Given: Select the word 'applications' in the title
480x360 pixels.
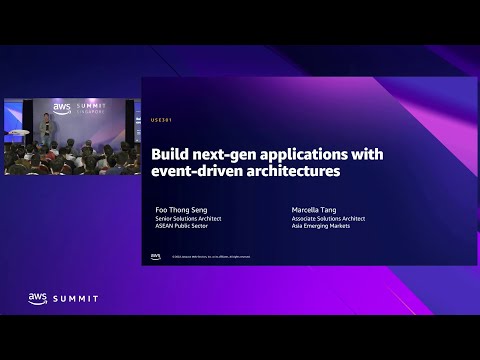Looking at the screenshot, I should (300, 155).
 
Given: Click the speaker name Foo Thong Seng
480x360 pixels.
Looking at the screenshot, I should (179, 210).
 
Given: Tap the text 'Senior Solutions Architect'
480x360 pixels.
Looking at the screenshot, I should (188, 218).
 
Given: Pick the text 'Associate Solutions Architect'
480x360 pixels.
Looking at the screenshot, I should (328, 218).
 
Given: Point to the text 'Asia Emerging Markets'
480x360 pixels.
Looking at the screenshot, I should (320, 226).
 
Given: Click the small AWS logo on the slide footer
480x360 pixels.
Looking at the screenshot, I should (155, 256).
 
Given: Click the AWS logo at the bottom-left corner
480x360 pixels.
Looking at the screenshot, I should (38, 297).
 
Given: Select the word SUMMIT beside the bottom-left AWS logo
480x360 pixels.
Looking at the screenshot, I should (77, 297).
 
